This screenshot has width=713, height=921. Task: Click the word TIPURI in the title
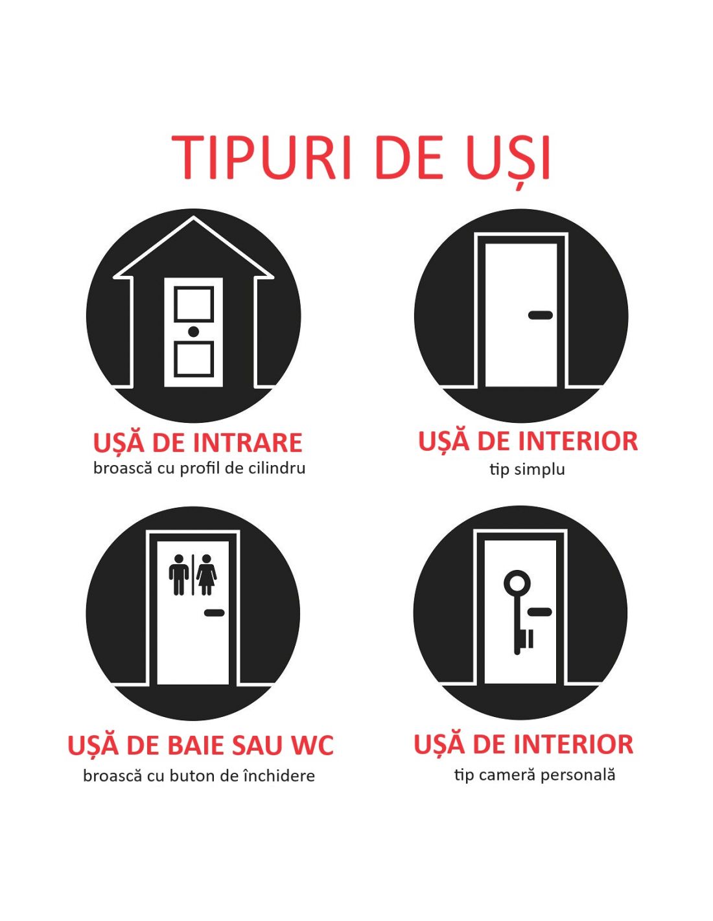pos(259,157)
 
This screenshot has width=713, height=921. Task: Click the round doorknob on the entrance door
pos(193,331)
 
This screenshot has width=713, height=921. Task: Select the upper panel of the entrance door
pos(193,304)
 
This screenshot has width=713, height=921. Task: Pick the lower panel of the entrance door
pos(193,359)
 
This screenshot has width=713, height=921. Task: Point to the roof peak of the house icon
pos(193,217)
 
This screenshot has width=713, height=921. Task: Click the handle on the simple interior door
pos(541,315)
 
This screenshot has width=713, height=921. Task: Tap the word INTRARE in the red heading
pos(248,442)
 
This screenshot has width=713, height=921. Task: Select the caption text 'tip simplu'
pos(527,470)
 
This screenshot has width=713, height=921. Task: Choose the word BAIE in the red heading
pos(205,745)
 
